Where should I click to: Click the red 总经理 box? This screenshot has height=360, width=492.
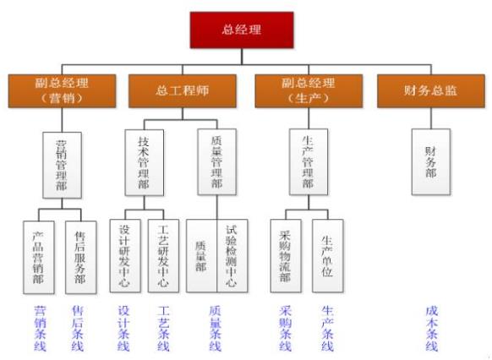pos(242,30)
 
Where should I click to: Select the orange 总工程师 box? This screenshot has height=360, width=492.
pos(183,91)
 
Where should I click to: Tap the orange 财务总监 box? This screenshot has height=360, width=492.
pos(431,91)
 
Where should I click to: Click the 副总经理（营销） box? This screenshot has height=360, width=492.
pos(62,91)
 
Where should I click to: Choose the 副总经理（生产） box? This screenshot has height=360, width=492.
pos(309,91)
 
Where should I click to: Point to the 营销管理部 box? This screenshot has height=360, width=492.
pos(62,166)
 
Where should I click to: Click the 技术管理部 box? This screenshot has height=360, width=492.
pos(145,163)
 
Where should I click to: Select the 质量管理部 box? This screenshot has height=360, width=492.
pos(216,162)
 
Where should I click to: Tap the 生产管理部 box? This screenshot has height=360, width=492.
pos(309,162)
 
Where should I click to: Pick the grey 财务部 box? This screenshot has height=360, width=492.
pos(431,162)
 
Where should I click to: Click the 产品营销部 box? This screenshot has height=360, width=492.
pos(39,258)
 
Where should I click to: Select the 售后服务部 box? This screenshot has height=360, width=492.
pos(81,258)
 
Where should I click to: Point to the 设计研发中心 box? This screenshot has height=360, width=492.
pos(125,256)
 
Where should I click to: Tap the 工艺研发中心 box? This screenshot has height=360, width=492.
pos(163,256)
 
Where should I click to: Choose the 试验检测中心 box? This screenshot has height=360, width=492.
pos(232,256)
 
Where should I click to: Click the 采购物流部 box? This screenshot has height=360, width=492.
pos(286,256)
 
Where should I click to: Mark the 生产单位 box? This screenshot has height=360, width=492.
pos(328,256)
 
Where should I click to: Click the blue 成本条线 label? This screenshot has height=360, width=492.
pos(432,329)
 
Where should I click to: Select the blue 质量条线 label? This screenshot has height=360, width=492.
pos(216,329)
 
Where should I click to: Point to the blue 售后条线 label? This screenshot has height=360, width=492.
pos(78,329)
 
